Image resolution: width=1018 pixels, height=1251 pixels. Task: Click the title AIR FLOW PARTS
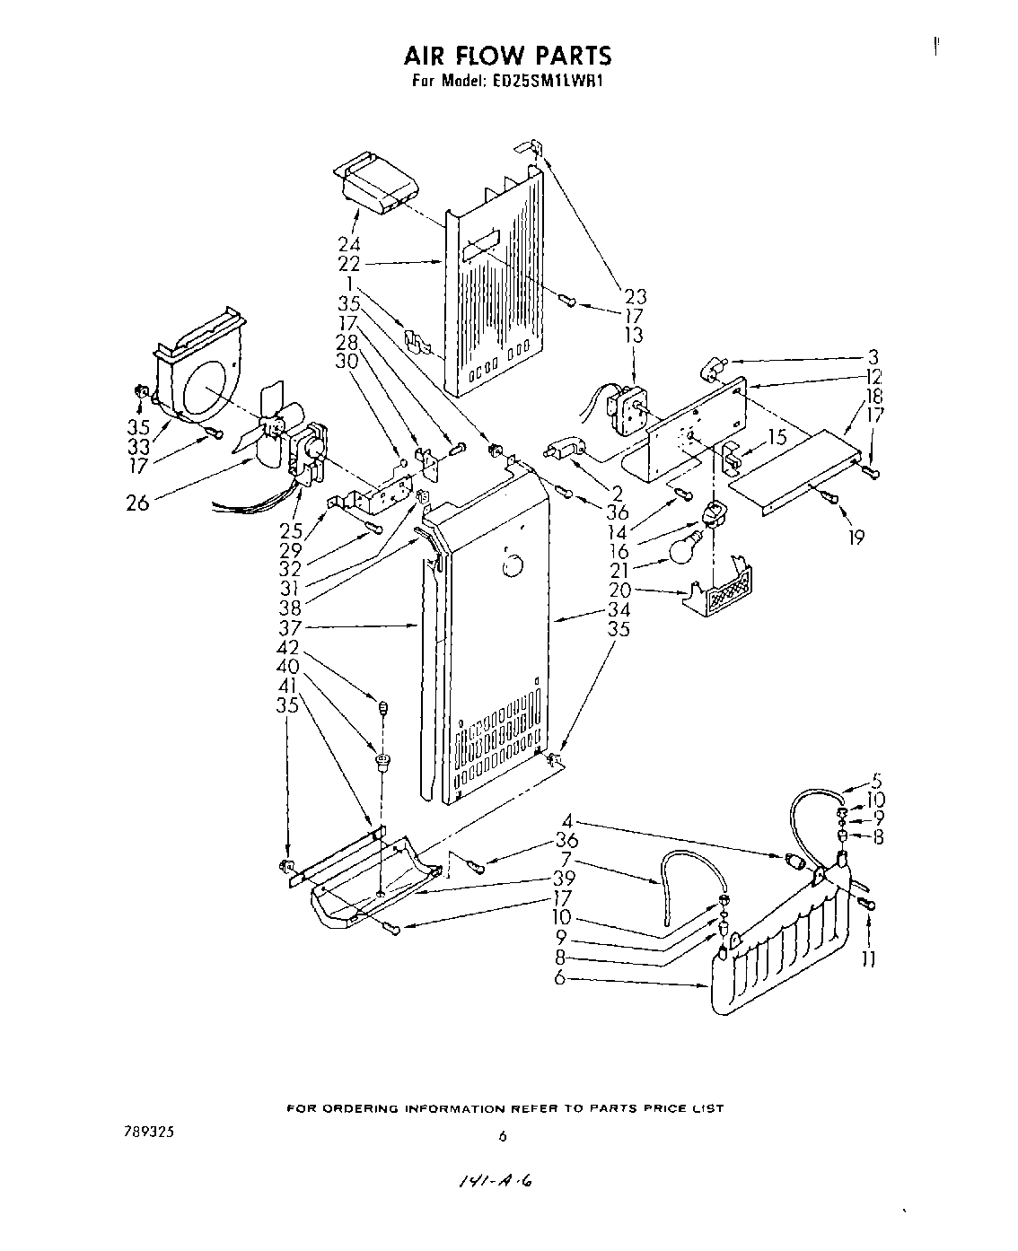(507, 56)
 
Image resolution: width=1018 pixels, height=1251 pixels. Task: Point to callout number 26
(139, 503)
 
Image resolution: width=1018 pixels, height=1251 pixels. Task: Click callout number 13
(635, 336)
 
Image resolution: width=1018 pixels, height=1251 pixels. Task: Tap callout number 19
(856, 538)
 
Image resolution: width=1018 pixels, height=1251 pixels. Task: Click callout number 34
(618, 610)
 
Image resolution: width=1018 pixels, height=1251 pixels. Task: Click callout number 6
(560, 979)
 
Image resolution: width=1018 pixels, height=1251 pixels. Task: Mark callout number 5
(877, 780)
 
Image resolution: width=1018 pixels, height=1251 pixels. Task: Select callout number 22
(348, 263)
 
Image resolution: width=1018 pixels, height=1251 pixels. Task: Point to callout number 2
(618, 493)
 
